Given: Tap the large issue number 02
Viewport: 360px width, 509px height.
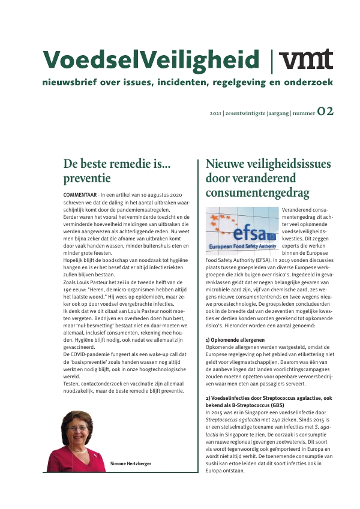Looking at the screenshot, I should (326, 111).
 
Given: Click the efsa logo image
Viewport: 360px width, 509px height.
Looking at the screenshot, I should (242, 228).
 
